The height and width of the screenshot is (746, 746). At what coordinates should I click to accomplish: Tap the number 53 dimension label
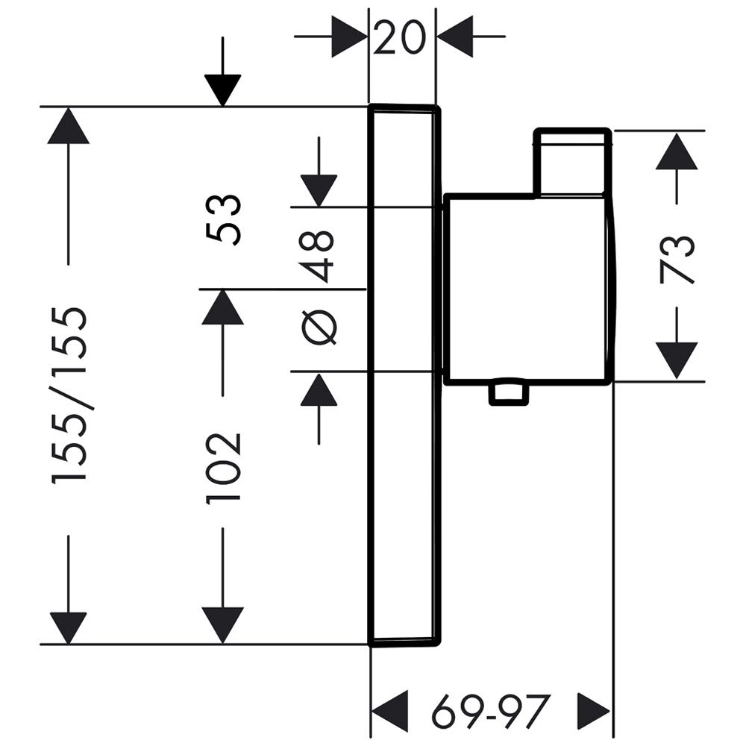[x=224, y=219]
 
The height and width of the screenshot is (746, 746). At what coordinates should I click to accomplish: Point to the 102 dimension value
[x=224, y=466]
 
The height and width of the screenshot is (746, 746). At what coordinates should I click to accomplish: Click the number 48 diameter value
[x=319, y=255]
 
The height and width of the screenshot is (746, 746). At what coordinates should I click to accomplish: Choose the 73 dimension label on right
[x=677, y=259]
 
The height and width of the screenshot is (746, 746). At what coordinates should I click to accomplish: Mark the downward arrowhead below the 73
[x=677, y=360]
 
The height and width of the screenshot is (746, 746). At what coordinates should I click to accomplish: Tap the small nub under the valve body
[x=508, y=394]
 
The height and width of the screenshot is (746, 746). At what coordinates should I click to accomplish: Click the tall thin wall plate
[x=402, y=373]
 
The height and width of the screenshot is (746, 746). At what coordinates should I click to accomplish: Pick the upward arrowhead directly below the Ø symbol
[x=319, y=389]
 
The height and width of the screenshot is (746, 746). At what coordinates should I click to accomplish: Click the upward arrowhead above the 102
[x=223, y=307]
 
